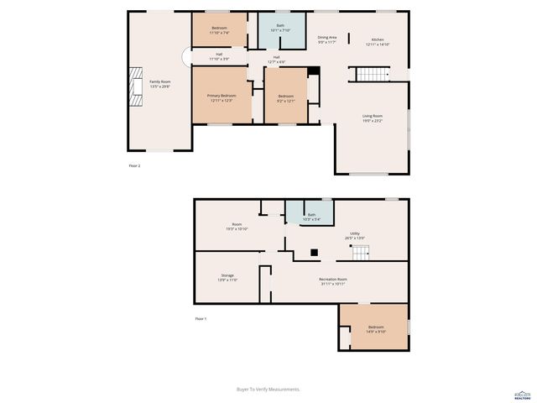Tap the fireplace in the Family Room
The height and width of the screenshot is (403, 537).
133,84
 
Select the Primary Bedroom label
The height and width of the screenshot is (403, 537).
222,97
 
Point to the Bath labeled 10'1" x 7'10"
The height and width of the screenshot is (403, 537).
280,28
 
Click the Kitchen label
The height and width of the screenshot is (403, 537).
377,40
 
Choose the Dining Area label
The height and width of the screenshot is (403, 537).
326,40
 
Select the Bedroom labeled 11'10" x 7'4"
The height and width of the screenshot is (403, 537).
219,31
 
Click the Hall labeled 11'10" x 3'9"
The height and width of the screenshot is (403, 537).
219,56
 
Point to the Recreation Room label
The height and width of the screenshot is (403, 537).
332,281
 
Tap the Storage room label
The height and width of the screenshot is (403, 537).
227,277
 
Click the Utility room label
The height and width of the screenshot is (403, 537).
355,235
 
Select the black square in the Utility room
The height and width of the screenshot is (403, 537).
313,251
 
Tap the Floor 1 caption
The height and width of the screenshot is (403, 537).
201,319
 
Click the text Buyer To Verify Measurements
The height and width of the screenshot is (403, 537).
268,389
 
